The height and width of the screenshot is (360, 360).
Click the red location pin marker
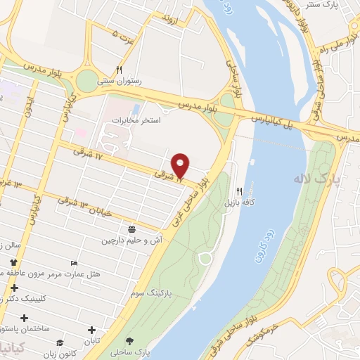pos(181,165)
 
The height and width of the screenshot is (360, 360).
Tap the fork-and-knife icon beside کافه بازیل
pos(240,191)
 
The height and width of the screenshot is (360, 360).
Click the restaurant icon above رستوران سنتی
pos(120,70)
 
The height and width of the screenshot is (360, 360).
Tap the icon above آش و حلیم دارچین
pos(131,230)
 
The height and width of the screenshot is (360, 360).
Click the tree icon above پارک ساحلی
pos(129,340)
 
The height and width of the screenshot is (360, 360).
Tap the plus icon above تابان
pos(91,330)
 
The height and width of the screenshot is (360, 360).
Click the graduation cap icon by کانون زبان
pos(61,342)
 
